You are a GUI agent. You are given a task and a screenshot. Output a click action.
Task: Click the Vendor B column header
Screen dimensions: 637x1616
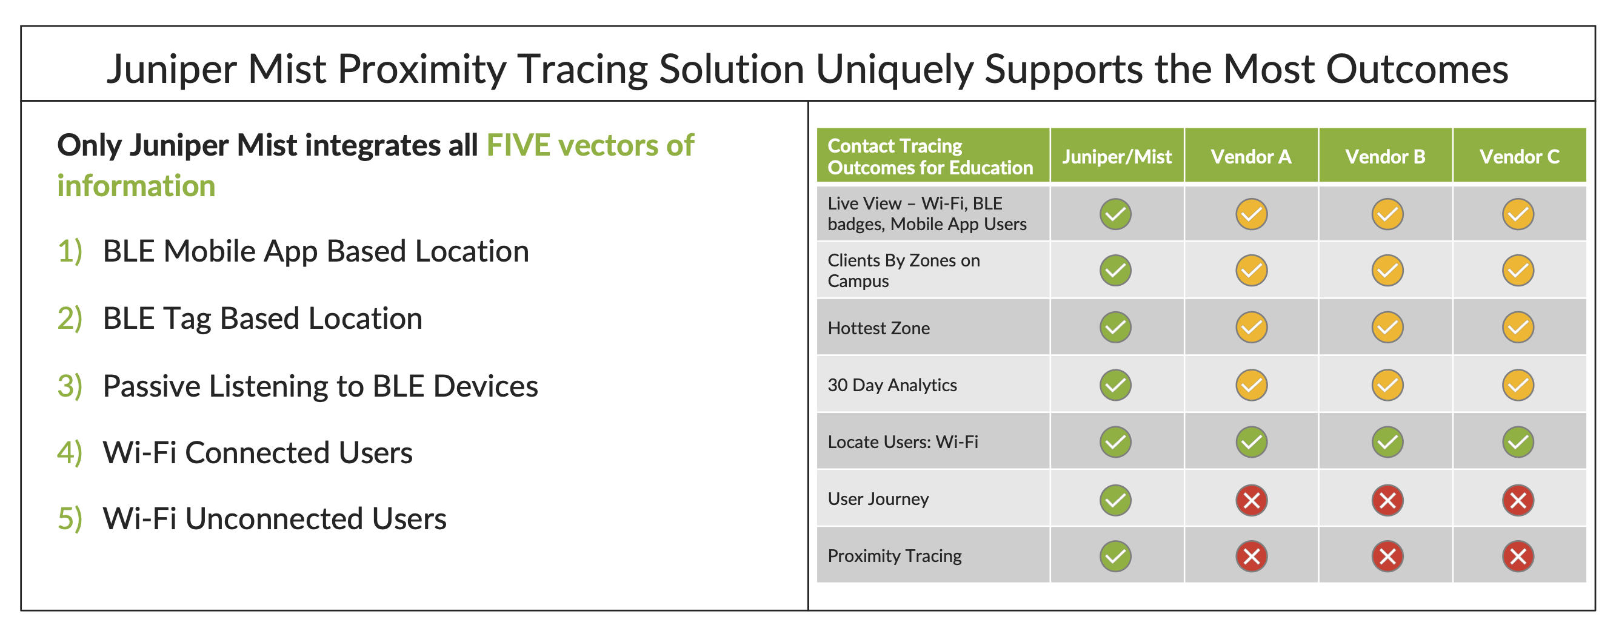coord(1385,156)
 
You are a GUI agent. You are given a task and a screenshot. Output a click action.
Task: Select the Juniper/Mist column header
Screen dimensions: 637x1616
coord(1117,156)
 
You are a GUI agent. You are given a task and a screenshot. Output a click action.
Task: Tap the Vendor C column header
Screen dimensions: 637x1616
coord(1519,156)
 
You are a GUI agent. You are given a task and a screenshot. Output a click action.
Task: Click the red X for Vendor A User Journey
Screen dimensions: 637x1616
coord(1252,500)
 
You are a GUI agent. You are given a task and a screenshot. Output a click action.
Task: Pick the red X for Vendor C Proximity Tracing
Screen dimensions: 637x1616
coord(1518,556)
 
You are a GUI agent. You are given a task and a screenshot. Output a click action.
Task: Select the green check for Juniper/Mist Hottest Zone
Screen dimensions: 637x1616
coord(1115,327)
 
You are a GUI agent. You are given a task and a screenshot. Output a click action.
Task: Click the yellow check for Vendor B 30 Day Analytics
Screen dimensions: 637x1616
coord(1387,385)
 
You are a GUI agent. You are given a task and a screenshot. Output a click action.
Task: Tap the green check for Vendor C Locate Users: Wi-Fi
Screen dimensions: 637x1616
coord(1518,442)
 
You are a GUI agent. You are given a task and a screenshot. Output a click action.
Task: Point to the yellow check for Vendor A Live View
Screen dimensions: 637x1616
coord(1252,214)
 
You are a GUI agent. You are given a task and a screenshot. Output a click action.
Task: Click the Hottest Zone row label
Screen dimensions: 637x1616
coord(878,328)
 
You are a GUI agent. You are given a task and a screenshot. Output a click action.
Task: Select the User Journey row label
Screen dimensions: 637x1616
coord(878,499)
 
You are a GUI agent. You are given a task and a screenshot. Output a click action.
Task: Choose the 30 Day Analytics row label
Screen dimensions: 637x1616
coord(892,385)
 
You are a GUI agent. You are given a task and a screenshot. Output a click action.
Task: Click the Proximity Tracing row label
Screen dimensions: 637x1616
coord(894,556)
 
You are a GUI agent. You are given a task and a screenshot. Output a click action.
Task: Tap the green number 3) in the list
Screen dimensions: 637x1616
coord(70,386)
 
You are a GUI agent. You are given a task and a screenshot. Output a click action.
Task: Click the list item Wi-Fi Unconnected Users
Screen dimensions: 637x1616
coord(274,519)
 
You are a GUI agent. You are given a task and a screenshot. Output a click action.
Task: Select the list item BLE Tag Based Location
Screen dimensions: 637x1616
coord(262,318)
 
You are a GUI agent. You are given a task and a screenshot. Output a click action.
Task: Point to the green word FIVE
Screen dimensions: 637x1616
coord(518,145)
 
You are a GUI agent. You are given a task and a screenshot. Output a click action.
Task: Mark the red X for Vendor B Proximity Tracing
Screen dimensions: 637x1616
coord(1387,556)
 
